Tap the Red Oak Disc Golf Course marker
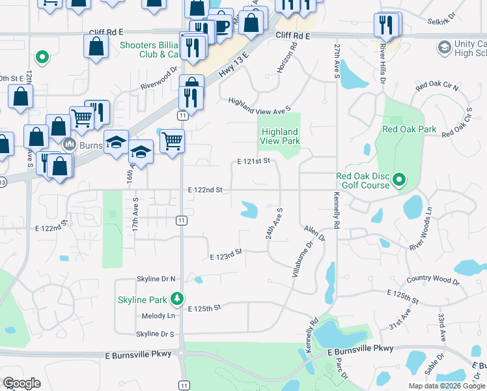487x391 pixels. coord(400,179)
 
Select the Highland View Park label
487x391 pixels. coord(279,136)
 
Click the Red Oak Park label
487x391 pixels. coord(409,129)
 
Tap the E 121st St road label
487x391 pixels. coord(253,161)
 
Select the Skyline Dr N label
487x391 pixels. coord(156,279)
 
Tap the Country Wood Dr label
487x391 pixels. coord(432,281)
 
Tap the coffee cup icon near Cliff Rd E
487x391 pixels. coord(222,27)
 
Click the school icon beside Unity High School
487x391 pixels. coord(444,47)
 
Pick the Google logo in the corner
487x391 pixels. coord(21,383)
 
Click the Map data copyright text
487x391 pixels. coord(447,386)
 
